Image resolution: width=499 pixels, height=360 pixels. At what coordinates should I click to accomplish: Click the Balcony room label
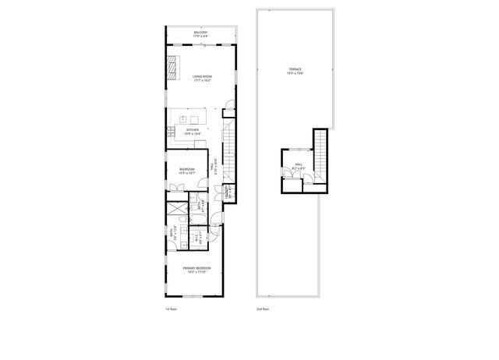tap(201, 34)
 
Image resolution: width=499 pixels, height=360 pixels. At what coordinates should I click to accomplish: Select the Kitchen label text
tap(192, 131)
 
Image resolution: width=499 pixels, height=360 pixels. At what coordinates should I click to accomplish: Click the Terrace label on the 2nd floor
tap(294, 71)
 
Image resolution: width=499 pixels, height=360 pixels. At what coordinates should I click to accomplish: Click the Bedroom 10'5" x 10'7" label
tap(187, 171)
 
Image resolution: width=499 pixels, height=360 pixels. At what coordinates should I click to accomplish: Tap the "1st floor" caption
tap(172, 309)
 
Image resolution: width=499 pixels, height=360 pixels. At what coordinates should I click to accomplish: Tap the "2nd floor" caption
tap(263, 309)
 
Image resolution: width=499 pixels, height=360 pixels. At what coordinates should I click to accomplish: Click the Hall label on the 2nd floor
tap(298, 165)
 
